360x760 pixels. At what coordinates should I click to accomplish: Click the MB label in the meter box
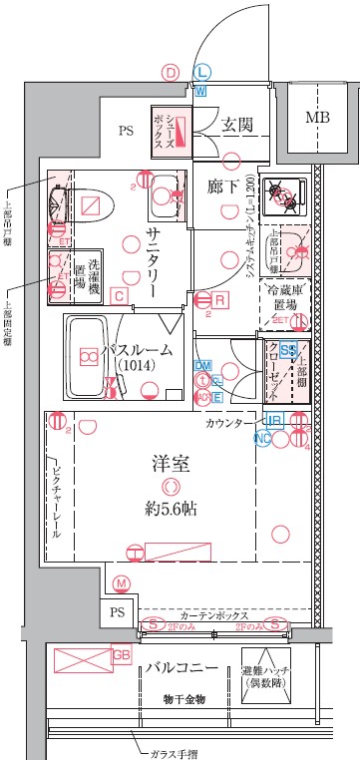[316, 117]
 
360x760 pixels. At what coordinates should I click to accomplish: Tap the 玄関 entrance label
[235, 124]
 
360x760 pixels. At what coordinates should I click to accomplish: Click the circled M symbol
[122, 583]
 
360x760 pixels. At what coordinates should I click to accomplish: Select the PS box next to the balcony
[119, 611]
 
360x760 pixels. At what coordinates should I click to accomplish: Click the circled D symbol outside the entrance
[171, 73]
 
